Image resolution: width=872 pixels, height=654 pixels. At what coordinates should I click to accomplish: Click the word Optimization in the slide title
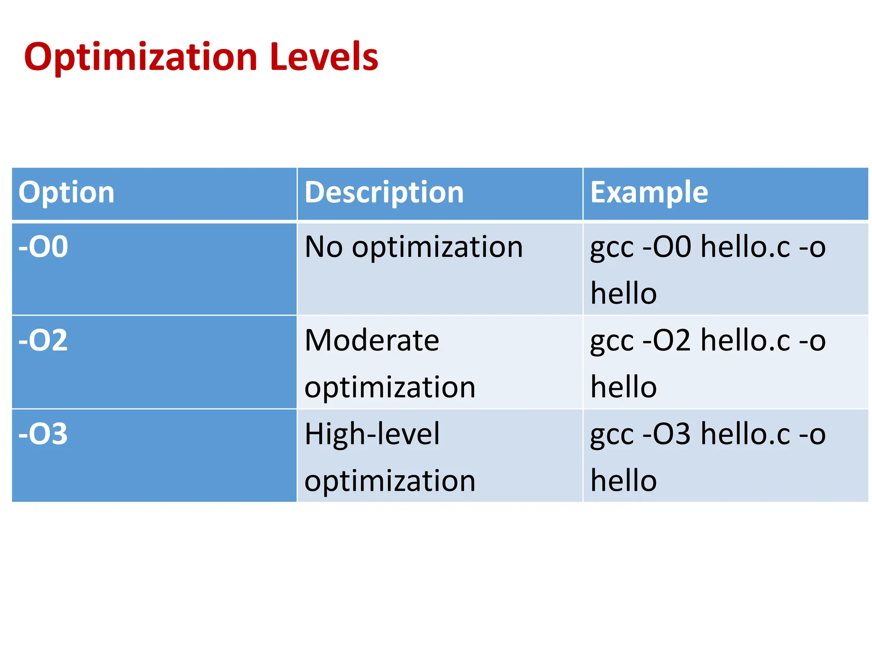pos(141,57)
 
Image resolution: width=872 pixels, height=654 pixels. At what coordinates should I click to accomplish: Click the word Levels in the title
pos(324,57)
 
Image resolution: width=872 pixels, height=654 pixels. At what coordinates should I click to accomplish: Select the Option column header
pos(66,192)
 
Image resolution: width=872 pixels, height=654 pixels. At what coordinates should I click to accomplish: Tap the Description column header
pos(384,192)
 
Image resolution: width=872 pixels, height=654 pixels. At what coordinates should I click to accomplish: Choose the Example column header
pos(649,192)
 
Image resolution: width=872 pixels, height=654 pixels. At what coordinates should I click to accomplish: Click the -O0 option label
pos(43,247)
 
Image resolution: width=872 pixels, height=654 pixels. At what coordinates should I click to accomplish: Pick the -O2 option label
pos(43,340)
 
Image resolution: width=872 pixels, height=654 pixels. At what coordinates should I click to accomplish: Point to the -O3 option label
pos(43,434)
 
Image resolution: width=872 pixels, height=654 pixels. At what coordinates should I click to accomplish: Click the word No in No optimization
pos(324,247)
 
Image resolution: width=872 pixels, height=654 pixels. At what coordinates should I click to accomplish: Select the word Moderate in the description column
pos(372,340)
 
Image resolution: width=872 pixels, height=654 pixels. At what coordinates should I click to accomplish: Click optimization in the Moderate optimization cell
pos(390,387)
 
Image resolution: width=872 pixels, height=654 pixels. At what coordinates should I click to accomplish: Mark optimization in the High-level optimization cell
pos(390,481)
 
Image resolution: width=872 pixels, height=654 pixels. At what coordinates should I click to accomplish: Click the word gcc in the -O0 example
pos(611,247)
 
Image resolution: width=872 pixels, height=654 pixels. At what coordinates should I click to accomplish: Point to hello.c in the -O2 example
pos(746,340)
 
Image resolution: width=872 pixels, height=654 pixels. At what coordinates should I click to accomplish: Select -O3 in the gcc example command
pos(666,434)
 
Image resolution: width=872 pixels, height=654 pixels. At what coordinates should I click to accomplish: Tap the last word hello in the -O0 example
pos(623,293)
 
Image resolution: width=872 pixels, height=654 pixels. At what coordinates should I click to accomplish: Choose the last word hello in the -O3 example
pos(623,481)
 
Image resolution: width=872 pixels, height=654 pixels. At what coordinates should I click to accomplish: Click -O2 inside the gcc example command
pos(666,340)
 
